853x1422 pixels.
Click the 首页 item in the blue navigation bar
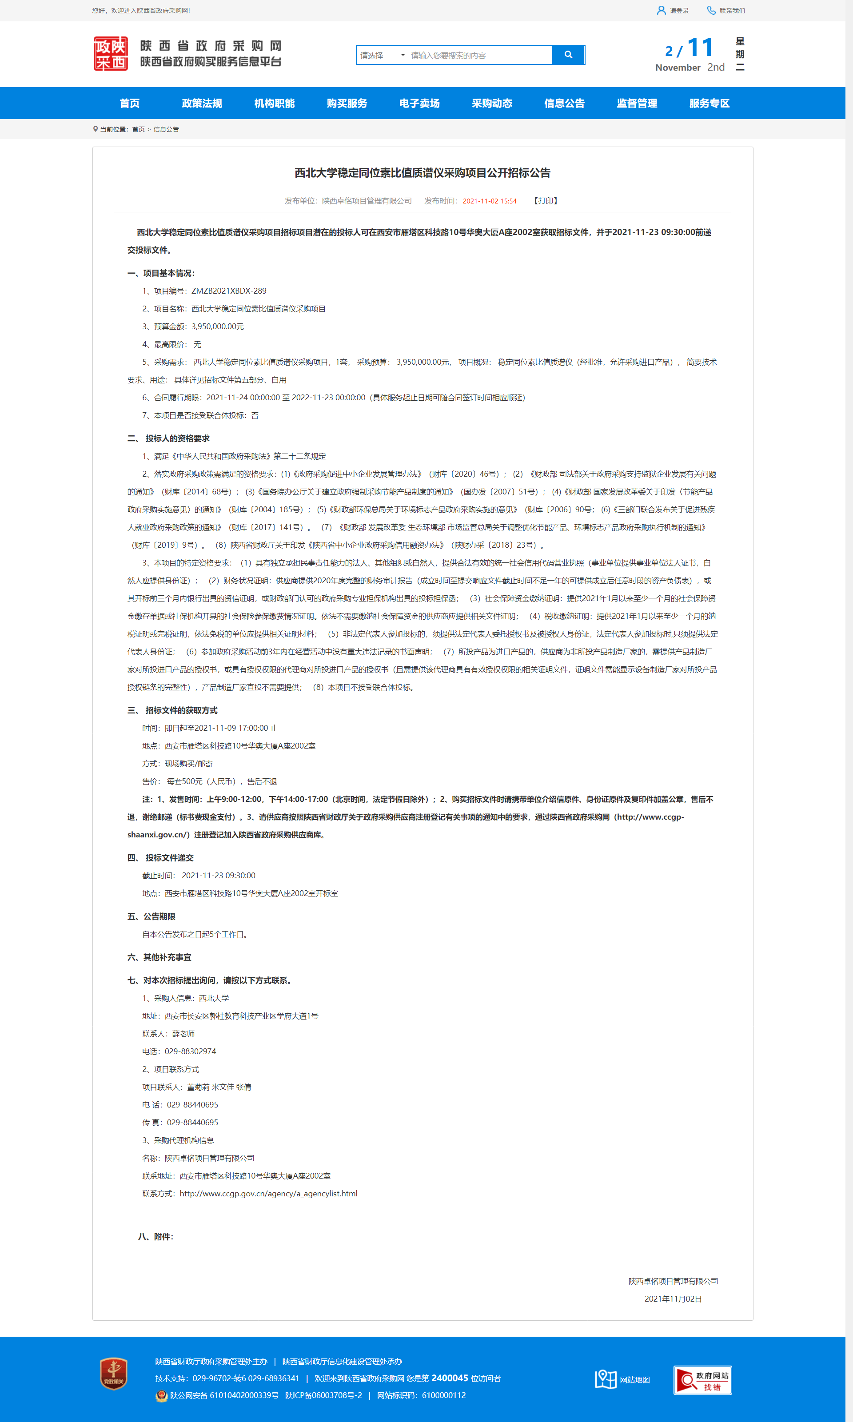click(129, 104)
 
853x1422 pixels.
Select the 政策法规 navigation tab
click(202, 104)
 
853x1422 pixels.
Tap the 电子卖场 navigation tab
click(419, 104)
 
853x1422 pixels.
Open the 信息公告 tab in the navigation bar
click(564, 104)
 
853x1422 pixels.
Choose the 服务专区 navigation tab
click(709, 104)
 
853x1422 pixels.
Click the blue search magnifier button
click(568, 55)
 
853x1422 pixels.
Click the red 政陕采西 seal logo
click(110, 53)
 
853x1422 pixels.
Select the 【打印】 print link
click(545, 201)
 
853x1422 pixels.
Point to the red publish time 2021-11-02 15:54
click(489, 201)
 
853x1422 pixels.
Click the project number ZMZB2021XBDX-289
click(229, 291)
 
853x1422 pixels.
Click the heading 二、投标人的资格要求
click(168, 438)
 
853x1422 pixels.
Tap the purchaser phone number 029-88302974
click(190, 1051)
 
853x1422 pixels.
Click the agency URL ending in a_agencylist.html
click(268, 1193)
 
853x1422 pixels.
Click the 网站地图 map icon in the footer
click(606, 1379)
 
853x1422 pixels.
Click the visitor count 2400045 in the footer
click(450, 1378)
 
